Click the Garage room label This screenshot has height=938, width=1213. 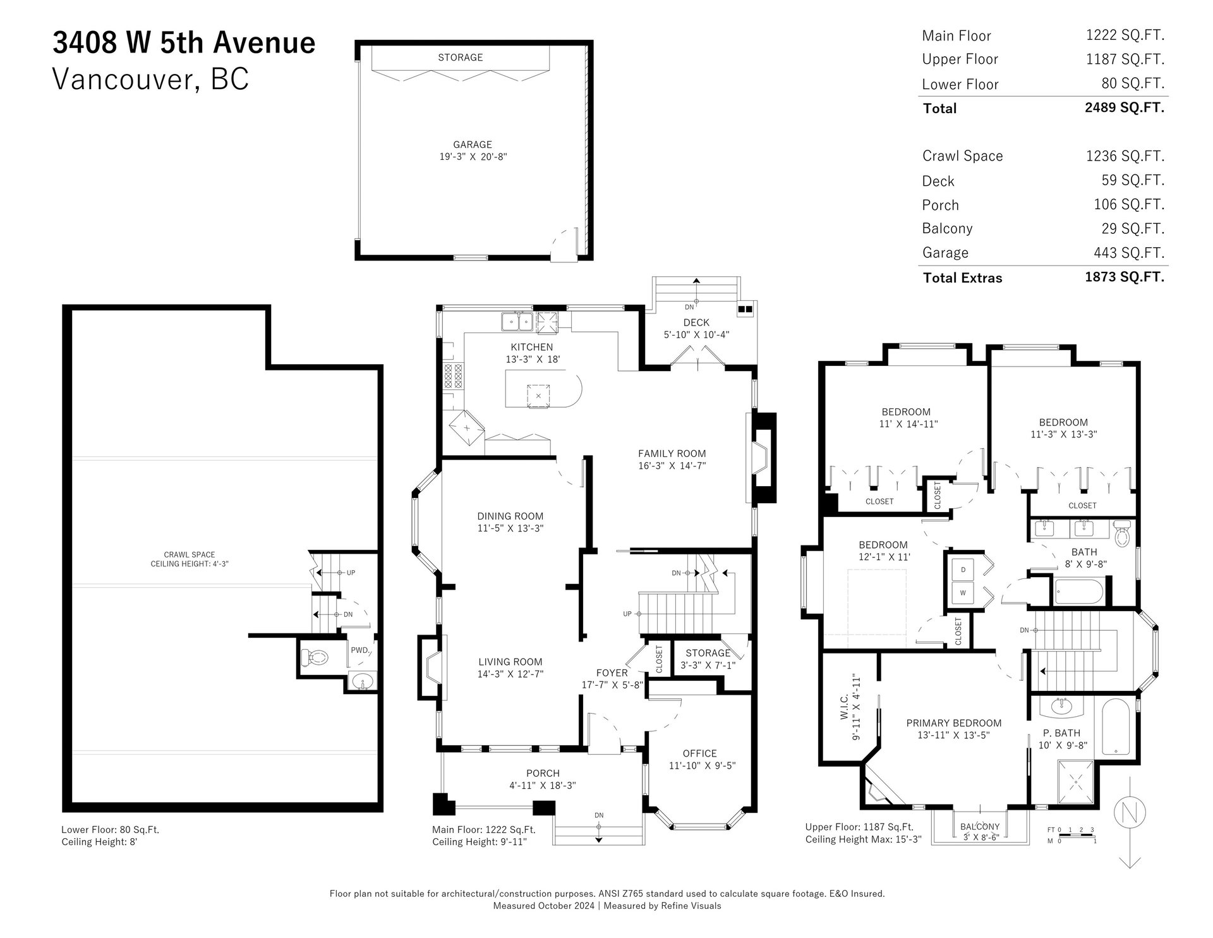point(473,145)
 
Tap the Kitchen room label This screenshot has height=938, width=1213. point(532,347)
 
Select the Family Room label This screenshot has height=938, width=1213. point(672,453)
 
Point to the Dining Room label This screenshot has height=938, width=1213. point(510,516)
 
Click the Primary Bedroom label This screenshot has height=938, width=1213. point(954,723)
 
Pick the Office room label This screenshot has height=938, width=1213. point(700,753)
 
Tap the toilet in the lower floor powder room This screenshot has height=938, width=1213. point(314,657)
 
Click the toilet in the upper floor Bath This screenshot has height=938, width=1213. point(1122,535)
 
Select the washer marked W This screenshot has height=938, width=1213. point(963,594)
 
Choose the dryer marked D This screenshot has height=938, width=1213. point(963,569)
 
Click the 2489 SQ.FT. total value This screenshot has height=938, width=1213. point(1125,107)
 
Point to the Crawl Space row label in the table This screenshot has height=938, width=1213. point(962,156)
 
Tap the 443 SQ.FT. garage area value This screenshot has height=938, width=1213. point(1129,253)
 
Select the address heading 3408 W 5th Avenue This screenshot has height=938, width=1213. point(184,42)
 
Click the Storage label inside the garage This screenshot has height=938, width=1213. point(461,58)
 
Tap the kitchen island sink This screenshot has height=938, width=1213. point(538,396)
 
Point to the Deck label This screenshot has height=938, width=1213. point(696,322)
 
